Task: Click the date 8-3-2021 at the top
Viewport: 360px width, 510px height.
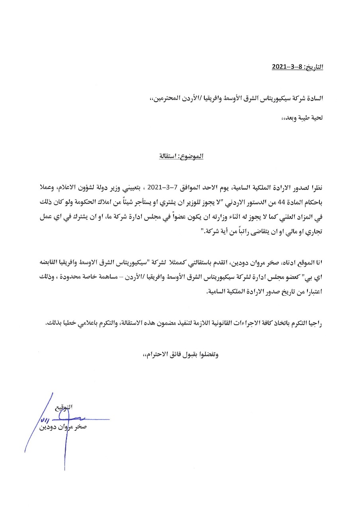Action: (x=287, y=67)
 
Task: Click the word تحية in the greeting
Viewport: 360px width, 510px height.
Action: (x=316, y=118)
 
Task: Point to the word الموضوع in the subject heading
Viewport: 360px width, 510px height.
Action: (x=192, y=156)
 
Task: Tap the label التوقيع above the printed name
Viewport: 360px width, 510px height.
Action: (x=65, y=407)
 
